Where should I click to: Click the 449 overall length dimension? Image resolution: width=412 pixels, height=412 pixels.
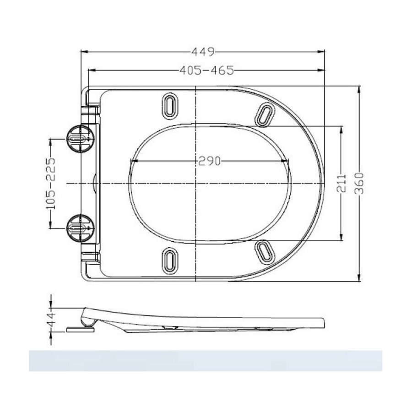(x=203, y=51)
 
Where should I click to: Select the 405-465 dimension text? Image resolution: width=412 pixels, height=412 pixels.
(x=206, y=70)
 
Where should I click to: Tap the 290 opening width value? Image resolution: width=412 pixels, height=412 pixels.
(x=209, y=161)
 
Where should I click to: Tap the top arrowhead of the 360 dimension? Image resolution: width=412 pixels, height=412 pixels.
(x=359, y=88)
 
